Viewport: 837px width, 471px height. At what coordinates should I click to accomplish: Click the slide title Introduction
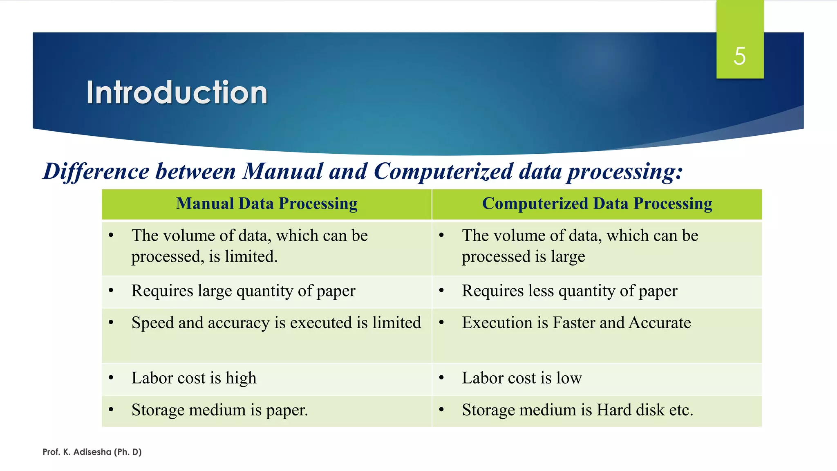point(177,92)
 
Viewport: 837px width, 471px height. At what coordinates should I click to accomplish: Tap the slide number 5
point(739,56)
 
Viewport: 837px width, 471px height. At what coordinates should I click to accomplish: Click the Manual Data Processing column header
point(266,204)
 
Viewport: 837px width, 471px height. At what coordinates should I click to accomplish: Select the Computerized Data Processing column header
point(597,204)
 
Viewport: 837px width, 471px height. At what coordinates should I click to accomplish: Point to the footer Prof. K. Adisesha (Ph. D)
point(92,452)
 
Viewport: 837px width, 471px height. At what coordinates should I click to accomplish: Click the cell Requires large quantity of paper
point(243,291)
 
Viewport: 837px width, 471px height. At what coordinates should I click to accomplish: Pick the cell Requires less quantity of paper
point(569,291)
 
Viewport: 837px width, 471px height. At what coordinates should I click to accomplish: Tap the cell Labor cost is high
point(194,378)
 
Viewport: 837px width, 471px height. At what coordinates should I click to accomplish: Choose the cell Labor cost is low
point(521,378)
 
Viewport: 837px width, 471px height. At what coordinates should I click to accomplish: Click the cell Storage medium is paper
point(219,410)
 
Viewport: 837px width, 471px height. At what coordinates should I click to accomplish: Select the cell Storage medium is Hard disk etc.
point(577,410)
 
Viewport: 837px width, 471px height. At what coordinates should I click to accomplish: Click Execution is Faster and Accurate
point(576,323)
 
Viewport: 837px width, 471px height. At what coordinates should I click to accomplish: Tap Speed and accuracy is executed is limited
point(276,323)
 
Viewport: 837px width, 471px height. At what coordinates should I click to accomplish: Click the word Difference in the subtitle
point(96,171)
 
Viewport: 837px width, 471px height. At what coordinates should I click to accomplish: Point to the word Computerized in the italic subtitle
point(443,171)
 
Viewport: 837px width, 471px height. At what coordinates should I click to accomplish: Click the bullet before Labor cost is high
point(111,378)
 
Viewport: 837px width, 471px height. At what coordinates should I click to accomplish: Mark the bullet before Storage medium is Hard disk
point(441,410)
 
